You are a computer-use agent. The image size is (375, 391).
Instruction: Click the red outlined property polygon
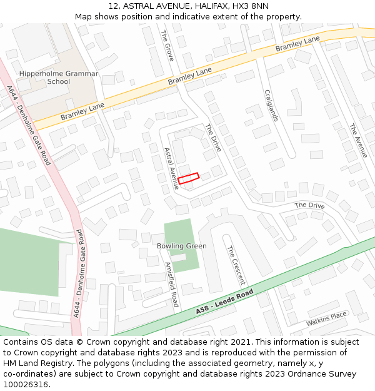tap(188, 178)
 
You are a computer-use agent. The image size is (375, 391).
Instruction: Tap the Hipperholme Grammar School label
tap(59, 78)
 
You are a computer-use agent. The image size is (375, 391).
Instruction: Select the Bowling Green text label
tap(181, 246)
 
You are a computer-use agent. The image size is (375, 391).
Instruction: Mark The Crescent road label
tap(235, 266)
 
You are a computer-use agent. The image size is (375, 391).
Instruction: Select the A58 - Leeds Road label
tap(224, 302)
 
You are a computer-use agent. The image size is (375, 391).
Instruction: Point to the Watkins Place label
tap(326, 319)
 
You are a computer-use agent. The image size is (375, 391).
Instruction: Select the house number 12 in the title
tap(113, 6)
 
